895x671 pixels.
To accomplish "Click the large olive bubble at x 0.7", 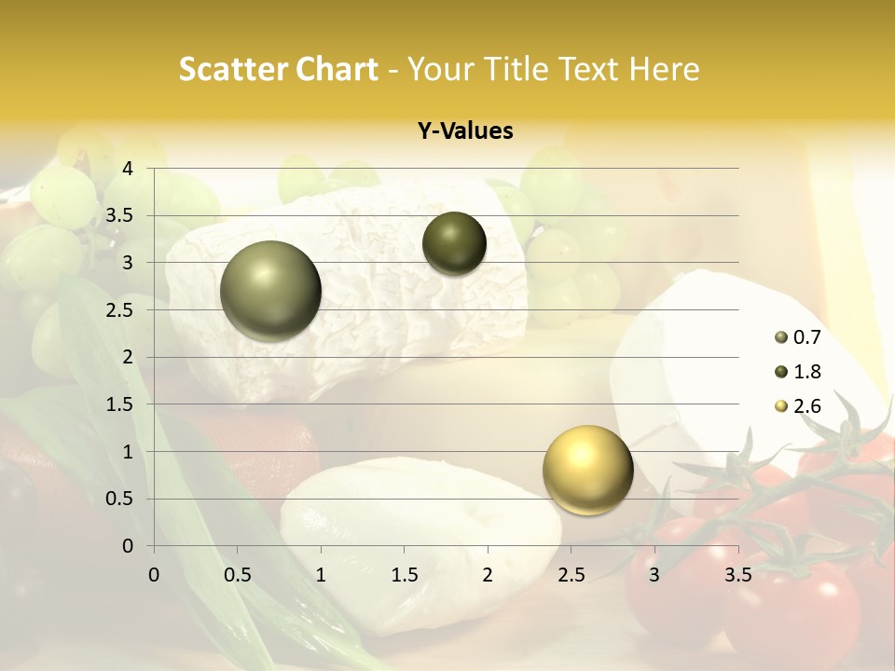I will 271,291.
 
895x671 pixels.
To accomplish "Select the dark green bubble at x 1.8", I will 454,243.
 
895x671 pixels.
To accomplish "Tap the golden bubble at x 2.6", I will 587,470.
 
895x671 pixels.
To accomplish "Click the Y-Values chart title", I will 465,130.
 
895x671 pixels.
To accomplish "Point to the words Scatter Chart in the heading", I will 278,69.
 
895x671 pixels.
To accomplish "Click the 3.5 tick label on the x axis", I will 738,574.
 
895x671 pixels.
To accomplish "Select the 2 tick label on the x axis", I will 488,574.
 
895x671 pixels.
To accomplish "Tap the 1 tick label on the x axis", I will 321,574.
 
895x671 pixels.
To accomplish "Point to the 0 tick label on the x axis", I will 155,574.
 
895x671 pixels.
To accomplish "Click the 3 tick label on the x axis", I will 654,574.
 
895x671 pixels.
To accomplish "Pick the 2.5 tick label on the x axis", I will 571,574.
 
